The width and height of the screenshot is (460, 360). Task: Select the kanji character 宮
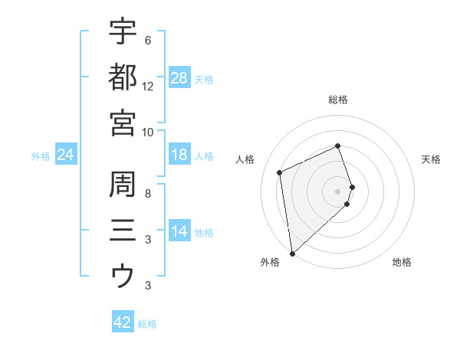pyautogui.click(x=123, y=123)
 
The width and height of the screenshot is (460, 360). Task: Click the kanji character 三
pyautogui.click(x=123, y=231)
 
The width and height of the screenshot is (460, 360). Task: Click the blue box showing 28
pyautogui.click(x=179, y=78)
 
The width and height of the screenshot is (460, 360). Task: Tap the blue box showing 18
pyautogui.click(x=179, y=155)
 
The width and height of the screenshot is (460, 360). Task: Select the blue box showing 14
pyautogui.click(x=179, y=232)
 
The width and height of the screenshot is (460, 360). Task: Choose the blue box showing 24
pyautogui.click(x=65, y=155)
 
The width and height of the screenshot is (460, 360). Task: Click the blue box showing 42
pyautogui.click(x=123, y=322)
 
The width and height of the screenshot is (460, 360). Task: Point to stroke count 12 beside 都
pyautogui.click(x=148, y=86)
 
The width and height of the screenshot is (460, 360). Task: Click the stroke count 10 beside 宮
pyautogui.click(x=148, y=132)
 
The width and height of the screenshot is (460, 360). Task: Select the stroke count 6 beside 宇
pyautogui.click(x=148, y=40)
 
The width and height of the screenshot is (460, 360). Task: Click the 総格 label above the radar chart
pyautogui.click(x=338, y=100)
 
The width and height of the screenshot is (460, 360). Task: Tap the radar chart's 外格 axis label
pyautogui.click(x=269, y=262)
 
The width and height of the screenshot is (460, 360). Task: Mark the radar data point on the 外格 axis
pyautogui.click(x=292, y=253)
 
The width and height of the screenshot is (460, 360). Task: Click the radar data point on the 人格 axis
pyautogui.click(x=280, y=172)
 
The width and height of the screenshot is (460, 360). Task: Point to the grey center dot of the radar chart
pyautogui.click(x=338, y=191)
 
